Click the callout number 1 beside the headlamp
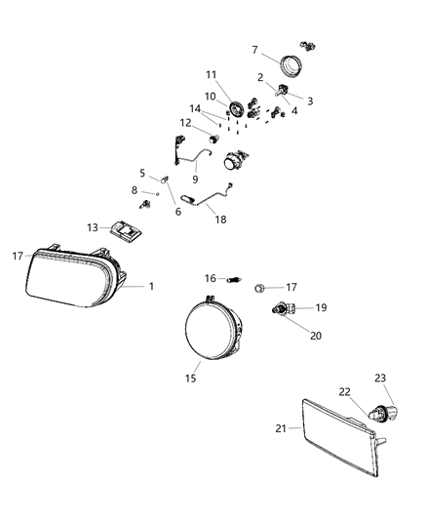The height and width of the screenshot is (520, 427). [x=151, y=286]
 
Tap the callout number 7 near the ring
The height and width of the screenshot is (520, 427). [x=255, y=49]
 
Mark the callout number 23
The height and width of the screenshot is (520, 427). [x=381, y=378]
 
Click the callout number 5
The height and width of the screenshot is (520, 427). [x=142, y=173]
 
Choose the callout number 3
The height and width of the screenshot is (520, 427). [x=311, y=100]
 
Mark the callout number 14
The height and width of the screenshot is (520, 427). [x=195, y=109]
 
